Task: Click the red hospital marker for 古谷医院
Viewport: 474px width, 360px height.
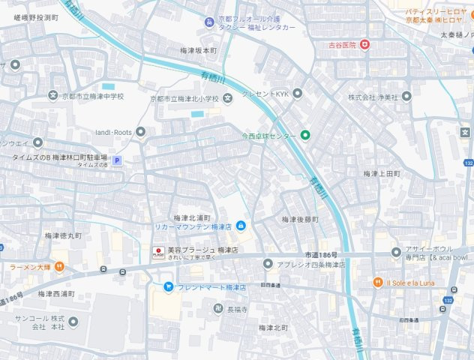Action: pos(365,45)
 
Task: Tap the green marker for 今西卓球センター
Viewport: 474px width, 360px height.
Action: pos(305,136)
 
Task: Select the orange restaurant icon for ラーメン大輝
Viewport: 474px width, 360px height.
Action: pos(60,266)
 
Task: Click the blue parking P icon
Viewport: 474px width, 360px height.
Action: pos(116,160)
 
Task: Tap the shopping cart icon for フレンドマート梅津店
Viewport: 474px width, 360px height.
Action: pos(169,286)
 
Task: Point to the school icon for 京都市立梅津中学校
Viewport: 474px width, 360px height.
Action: pos(52,96)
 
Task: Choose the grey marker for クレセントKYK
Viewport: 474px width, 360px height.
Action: pos(297,93)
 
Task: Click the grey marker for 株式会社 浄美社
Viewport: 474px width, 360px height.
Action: pos(406,97)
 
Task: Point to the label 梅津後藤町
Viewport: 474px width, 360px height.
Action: pos(300,219)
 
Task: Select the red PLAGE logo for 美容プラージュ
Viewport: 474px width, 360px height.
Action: pos(158,252)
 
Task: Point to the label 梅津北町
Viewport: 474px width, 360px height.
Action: pos(274,328)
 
